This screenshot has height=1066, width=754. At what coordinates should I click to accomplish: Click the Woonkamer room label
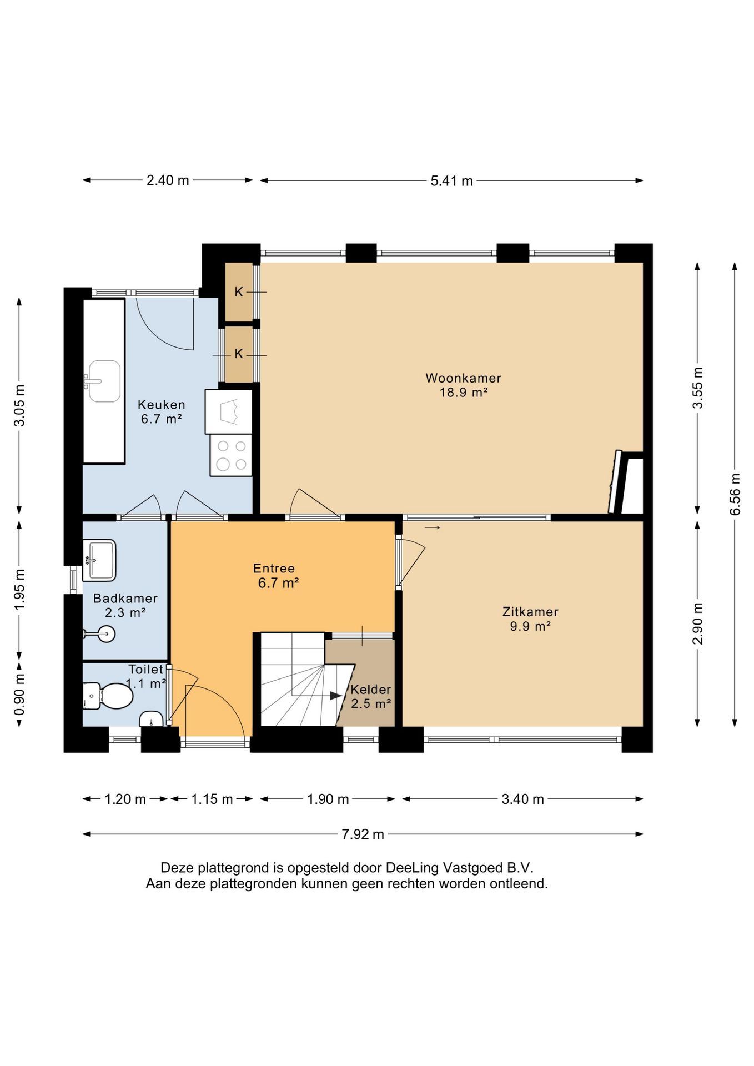[463, 385]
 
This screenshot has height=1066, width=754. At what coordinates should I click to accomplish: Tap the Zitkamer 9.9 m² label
[530, 619]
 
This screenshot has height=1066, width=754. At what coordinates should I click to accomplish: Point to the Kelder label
[371, 696]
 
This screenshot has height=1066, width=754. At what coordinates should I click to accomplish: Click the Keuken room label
[162, 411]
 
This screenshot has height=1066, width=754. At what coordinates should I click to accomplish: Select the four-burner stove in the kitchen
[231, 455]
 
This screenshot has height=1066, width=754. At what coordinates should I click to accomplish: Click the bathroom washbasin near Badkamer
[99, 560]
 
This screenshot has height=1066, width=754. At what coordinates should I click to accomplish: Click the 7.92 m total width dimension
[363, 834]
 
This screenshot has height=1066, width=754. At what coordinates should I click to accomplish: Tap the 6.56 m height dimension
[735, 494]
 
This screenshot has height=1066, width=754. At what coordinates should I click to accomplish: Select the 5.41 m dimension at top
[451, 180]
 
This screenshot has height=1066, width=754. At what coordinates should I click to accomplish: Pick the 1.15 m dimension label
[212, 799]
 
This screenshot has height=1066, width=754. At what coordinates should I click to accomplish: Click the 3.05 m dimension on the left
[19, 405]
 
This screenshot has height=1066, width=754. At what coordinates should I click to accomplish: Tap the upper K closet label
[239, 291]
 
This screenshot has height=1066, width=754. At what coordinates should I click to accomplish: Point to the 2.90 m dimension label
[697, 623]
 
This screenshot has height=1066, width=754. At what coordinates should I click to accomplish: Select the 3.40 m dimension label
[522, 799]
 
